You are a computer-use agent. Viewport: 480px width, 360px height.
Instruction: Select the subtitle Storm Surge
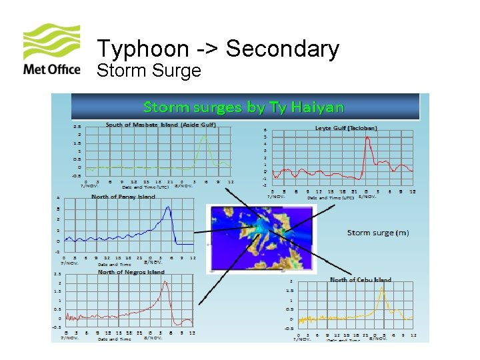click(x=149, y=70)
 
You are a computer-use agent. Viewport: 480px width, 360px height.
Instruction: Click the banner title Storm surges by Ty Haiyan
click(x=244, y=107)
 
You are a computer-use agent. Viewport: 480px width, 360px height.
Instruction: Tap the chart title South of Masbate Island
click(x=161, y=125)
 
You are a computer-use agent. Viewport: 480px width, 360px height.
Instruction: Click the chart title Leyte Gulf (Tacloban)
click(x=346, y=128)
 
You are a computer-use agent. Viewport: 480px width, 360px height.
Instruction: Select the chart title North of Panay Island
click(x=123, y=197)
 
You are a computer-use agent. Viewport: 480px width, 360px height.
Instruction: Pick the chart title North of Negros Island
click(x=131, y=272)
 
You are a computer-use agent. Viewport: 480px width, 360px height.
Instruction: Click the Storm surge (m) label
click(x=378, y=233)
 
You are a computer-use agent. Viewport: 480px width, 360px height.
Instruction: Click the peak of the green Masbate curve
click(x=205, y=136)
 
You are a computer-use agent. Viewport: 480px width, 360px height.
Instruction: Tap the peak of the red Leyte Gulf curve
click(x=367, y=137)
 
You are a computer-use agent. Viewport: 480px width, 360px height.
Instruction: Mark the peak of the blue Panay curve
click(x=169, y=207)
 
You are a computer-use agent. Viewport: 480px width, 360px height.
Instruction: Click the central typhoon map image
click(x=254, y=239)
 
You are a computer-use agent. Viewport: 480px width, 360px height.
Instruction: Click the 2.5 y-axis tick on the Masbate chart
click(x=77, y=127)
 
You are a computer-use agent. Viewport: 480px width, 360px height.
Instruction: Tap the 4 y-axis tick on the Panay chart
click(x=59, y=198)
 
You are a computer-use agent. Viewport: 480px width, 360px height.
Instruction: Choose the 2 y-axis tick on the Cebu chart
click(x=291, y=282)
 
